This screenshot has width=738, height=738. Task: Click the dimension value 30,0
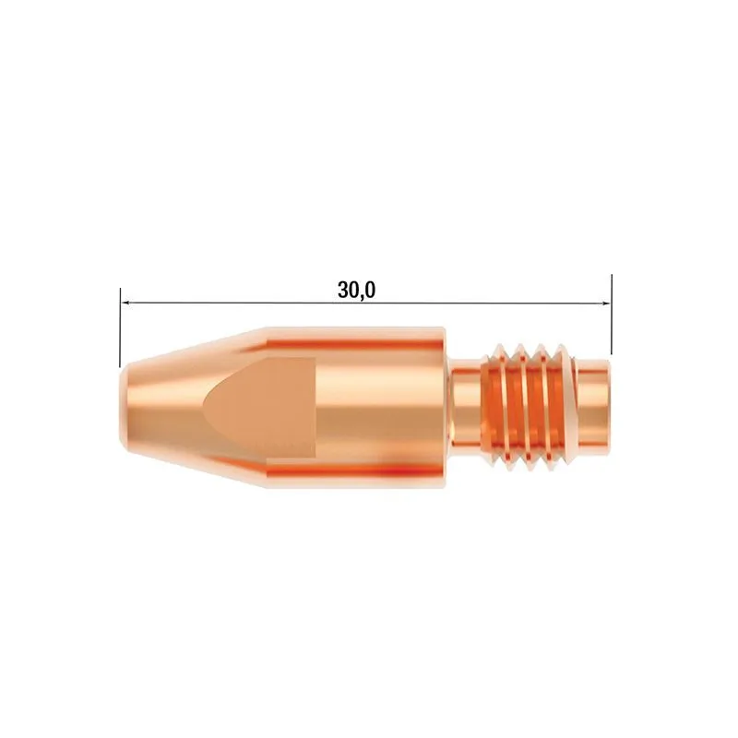tap(357, 290)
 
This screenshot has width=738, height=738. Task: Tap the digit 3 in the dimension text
tap(343, 290)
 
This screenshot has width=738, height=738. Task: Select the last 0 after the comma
tap(371, 290)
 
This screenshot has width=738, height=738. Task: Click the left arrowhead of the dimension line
tap(125, 302)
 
